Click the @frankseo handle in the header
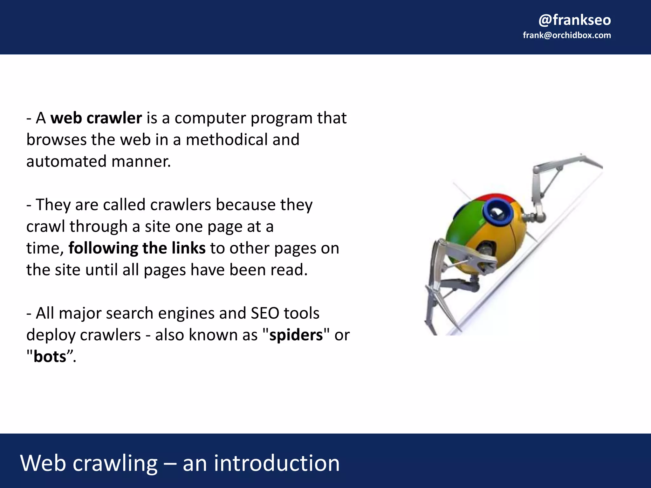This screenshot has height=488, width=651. (x=574, y=20)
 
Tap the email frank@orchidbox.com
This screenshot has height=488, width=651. (x=567, y=35)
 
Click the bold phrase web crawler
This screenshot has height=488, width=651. (x=96, y=118)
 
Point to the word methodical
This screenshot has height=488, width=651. (x=227, y=140)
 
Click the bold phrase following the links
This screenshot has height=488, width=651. (x=137, y=248)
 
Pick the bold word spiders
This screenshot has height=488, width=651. (x=296, y=335)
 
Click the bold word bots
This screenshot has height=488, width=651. (x=50, y=356)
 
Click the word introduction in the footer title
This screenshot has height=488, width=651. (x=277, y=463)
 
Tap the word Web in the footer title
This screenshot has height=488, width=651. (x=43, y=463)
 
